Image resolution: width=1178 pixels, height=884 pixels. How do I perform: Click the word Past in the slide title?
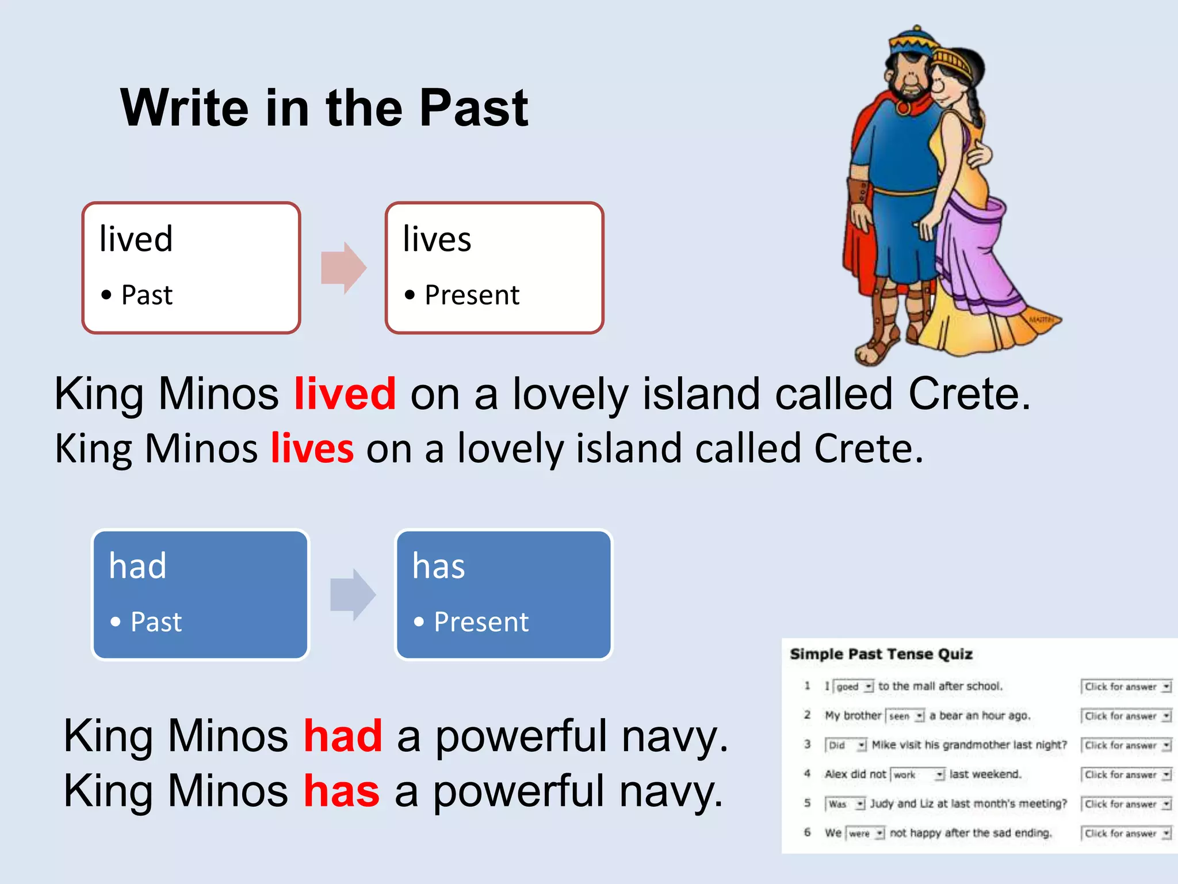[473, 108]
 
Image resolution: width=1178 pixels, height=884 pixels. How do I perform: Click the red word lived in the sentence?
[345, 394]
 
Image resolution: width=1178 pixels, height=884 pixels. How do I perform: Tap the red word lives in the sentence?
[312, 448]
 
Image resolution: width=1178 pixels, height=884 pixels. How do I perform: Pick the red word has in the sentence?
[342, 791]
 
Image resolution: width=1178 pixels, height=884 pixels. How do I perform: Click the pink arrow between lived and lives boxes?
[343, 268]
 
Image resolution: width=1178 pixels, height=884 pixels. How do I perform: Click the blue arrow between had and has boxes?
[353, 595]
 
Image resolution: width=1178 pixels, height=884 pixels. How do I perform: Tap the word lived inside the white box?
[136, 239]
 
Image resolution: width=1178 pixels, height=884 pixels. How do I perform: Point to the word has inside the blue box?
[438, 566]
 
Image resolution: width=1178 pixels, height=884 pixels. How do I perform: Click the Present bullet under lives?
[472, 295]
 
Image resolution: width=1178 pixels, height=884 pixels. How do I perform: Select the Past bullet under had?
[156, 622]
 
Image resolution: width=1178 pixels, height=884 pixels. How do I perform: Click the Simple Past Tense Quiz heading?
[881, 654]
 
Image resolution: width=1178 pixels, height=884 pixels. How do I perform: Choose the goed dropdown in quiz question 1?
[854, 687]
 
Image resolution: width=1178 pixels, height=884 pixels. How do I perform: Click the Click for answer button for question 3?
[1126, 745]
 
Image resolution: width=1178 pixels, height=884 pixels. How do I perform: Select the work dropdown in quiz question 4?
[917, 775]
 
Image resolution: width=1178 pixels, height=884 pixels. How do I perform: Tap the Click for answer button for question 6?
[1126, 833]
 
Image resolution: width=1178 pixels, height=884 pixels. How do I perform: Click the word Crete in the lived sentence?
[969, 394]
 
